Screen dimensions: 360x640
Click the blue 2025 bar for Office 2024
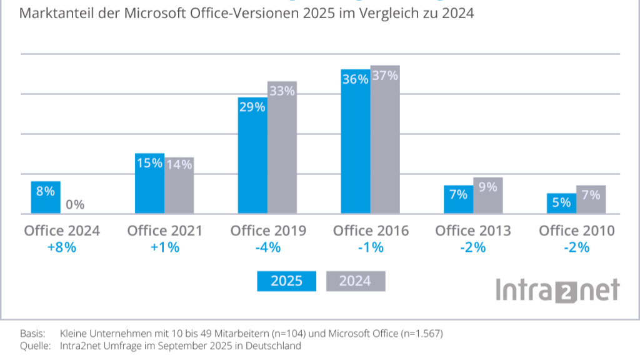click(x=46, y=198)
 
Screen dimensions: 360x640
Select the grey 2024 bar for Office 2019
click(x=282, y=150)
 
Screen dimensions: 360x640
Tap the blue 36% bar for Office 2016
click(x=355, y=144)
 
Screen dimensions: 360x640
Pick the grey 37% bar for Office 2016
click(x=385, y=141)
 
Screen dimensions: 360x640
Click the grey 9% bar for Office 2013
click(x=487, y=197)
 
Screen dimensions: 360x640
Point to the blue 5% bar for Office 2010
click(x=561, y=204)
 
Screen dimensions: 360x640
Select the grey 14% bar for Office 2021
click(x=179, y=186)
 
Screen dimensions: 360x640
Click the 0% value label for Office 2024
click(x=75, y=204)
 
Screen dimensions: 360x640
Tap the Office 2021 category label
click(x=164, y=231)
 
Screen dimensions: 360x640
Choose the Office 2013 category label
click(x=473, y=231)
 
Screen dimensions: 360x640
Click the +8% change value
click(x=61, y=247)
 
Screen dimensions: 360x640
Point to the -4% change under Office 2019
click(x=267, y=247)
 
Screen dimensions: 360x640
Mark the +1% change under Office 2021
click(x=164, y=247)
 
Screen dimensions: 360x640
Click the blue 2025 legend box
click(x=286, y=281)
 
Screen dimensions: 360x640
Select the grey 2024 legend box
click(x=355, y=281)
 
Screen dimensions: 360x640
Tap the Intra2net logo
click(x=557, y=291)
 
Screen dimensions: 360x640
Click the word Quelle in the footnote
click(x=34, y=346)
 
